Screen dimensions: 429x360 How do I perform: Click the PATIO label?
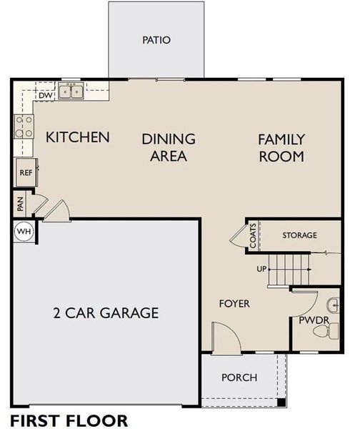pos(156,40)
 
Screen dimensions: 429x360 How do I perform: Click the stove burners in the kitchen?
pos(23,127)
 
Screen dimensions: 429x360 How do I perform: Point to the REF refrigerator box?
pos(26,172)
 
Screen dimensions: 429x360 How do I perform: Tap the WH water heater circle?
pos(24,232)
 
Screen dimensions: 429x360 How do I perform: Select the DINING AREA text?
pos(168,147)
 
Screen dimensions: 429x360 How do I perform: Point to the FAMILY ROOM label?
pos(281,147)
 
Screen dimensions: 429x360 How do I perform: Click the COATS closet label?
pos(253,235)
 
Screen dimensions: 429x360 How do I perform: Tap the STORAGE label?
pos(299,235)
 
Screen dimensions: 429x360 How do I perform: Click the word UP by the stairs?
pos(261,270)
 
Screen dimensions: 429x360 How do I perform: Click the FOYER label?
pos(234,304)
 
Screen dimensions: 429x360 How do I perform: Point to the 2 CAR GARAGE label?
pos(105,312)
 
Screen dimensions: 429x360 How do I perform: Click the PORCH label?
pos(238,378)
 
